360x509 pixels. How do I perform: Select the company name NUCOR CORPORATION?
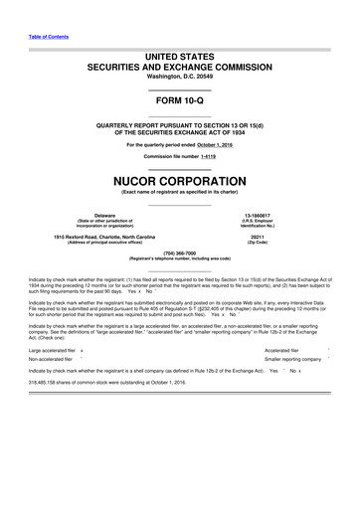(x=180, y=183)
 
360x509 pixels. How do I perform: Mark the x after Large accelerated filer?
(x=82, y=350)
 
